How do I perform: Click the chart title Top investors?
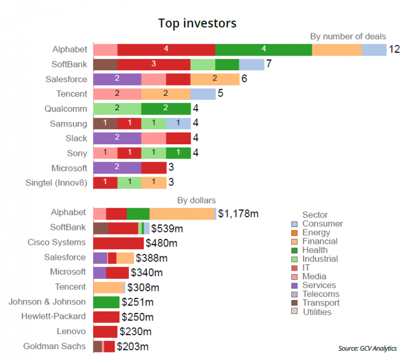pos(197,23)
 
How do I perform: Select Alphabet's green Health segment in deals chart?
pos(263,49)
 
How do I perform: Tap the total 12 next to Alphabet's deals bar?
pos(394,50)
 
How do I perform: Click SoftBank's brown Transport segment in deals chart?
pos(105,64)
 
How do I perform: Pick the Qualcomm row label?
pos(65,108)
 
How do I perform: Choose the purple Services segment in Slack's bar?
pos(117,138)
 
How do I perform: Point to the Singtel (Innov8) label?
pos(57,182)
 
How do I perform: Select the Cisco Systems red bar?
pos(118,243)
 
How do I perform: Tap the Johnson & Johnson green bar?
pos(106,302)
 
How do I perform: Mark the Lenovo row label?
pos(71,331)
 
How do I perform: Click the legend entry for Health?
pos(315,250)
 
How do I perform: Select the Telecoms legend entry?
pos(320,295)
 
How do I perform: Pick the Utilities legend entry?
pos(317,312)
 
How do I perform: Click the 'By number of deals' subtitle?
pos(348,36)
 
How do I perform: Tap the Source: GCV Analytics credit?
pos(367,348)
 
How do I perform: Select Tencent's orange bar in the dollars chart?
pos(109,288)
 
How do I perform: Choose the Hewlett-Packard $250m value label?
pos(137,317)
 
